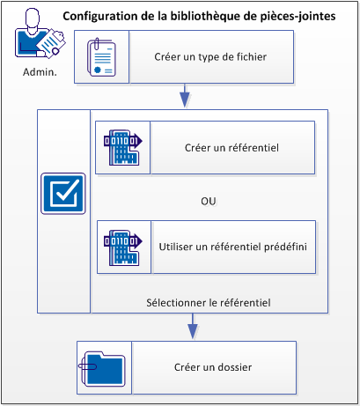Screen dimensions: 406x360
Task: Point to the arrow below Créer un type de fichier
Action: pos(186,93)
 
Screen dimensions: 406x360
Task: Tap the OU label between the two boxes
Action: pos(209,201)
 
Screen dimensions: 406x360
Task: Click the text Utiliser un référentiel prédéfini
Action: pos(232,246)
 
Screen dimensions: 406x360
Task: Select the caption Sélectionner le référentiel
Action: pos(208,302)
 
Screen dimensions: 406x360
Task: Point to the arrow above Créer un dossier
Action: pos(190,327)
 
